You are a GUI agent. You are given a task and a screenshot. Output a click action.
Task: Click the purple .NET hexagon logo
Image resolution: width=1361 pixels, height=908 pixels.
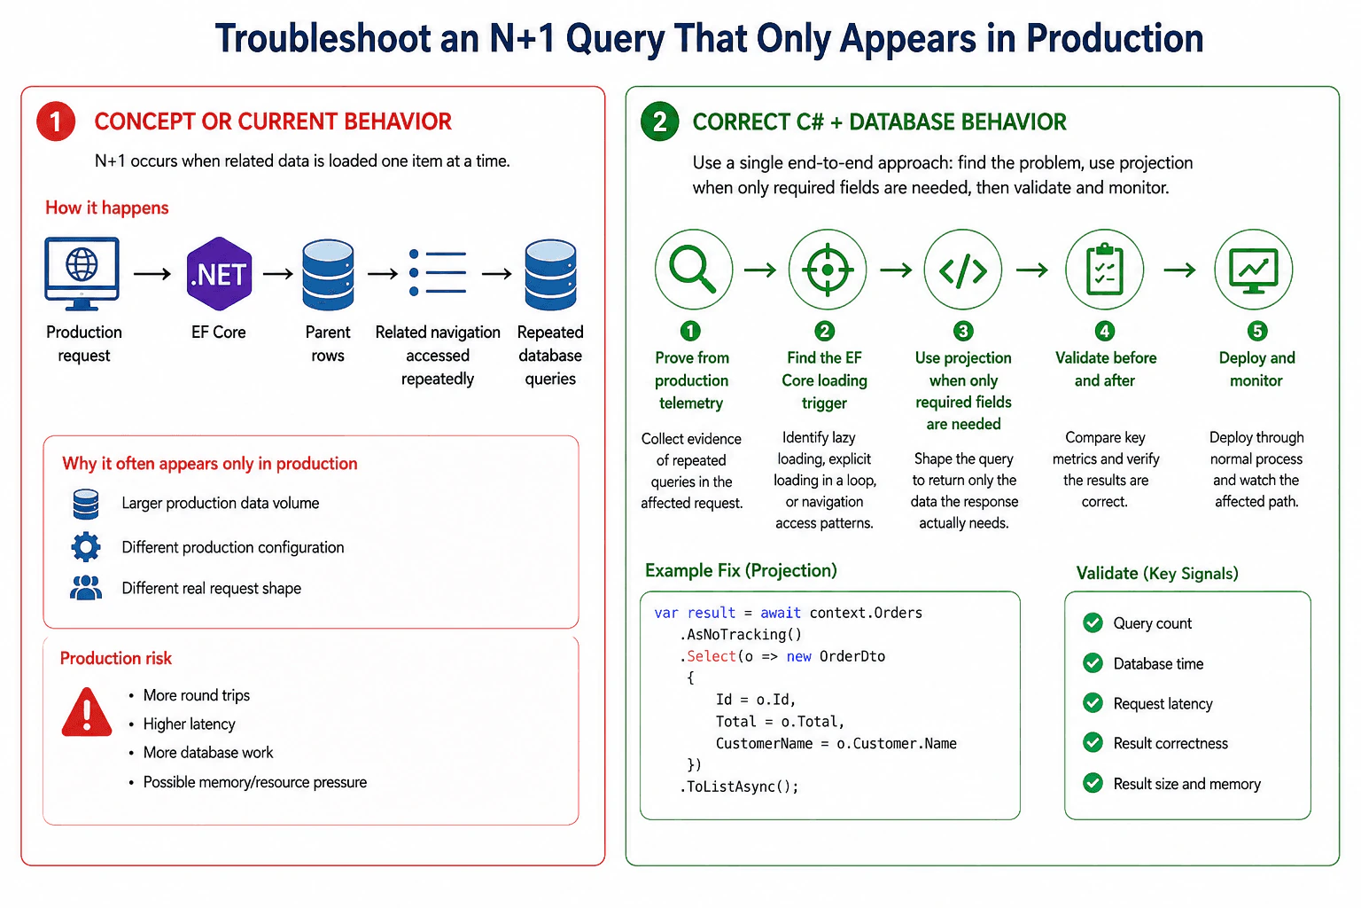click(220, 274)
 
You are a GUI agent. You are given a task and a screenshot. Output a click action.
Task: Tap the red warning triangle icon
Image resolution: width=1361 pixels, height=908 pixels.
click(87, 712)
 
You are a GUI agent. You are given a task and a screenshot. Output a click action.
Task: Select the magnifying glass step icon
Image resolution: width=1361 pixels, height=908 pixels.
click(693, 270)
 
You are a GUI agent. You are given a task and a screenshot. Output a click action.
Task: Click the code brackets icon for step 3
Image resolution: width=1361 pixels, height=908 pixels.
click(963, 270)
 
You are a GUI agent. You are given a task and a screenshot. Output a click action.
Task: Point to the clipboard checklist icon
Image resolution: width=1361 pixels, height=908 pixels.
click(1105, 270)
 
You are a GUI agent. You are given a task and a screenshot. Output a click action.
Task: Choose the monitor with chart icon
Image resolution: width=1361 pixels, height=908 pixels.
click(1254, 270)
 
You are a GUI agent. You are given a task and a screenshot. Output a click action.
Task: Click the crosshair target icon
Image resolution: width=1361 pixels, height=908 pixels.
click(827, 270)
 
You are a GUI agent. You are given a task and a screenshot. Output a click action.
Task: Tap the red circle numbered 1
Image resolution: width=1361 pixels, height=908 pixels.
click(56, 121)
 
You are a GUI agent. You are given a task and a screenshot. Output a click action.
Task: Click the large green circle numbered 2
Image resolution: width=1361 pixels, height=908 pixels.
click(660, 121)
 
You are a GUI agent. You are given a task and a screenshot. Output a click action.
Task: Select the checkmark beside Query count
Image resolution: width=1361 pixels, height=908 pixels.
click(1093, 622)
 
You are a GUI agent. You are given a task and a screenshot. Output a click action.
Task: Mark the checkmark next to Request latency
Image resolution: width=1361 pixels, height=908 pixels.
click(1093, 703)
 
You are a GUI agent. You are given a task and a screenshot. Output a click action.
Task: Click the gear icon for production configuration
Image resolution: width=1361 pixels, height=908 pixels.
click(86, 547)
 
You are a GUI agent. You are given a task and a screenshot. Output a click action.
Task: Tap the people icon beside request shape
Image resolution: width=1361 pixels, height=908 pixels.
click(86, 588)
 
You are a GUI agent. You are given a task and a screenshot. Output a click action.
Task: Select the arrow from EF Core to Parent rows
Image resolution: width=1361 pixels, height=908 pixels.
click(277, 274)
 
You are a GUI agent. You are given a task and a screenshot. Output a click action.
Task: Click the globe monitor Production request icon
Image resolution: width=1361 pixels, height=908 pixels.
click(82, 274)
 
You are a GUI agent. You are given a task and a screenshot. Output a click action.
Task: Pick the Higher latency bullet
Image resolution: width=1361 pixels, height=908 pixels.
click(189, 724)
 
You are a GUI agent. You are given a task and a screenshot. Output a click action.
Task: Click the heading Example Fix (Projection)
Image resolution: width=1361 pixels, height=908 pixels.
click(741, 570)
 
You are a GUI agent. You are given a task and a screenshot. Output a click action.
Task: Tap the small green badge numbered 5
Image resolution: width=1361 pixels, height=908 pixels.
click(1257, 331)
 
